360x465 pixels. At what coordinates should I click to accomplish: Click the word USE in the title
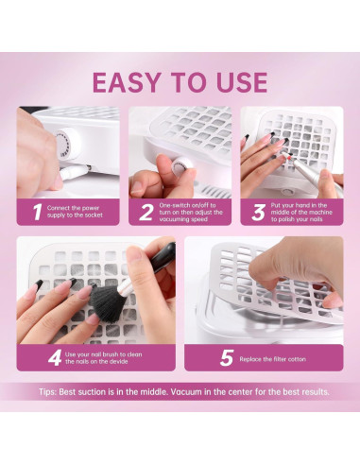pos(242,82)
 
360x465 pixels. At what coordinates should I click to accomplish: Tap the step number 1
pos(38,212)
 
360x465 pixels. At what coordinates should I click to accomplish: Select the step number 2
pos(146,212)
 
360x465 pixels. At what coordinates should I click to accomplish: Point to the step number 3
pos(258,212)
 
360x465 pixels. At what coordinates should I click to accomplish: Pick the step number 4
pos(55,358)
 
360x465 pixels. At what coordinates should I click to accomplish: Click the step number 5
pos(227,358)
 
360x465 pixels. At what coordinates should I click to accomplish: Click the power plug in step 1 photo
pos(75,172)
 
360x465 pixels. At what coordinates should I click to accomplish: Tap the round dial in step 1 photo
pos(67,144)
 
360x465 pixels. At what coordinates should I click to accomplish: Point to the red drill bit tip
pos(290,155)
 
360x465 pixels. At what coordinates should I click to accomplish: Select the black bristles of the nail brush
pos(106,303)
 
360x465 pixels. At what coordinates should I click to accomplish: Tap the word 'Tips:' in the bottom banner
pos(48,392)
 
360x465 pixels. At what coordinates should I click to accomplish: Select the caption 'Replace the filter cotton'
pos(273,359)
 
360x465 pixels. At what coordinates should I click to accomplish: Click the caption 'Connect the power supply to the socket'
pos(75,212)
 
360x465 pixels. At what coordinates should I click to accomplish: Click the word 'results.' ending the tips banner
pos(316,392)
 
